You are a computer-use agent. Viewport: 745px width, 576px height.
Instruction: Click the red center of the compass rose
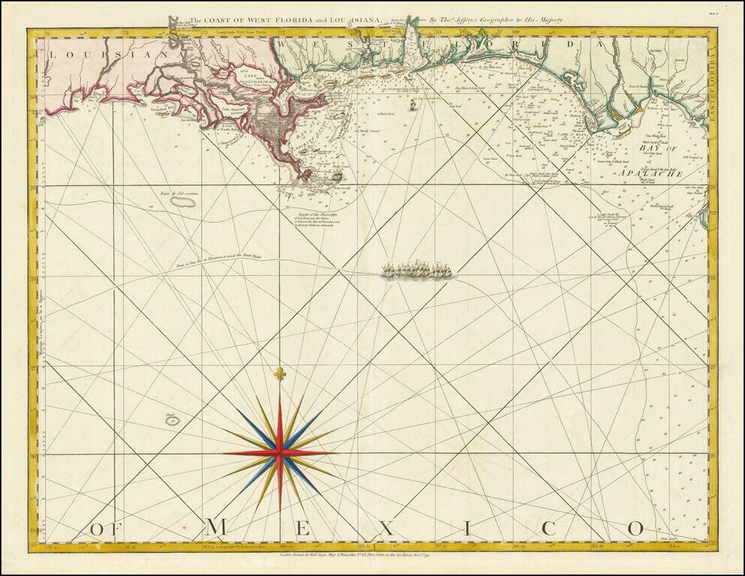[280, 452]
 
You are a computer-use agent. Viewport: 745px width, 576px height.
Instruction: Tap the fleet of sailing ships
[418, 270]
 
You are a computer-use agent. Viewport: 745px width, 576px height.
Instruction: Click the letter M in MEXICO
[216, 528]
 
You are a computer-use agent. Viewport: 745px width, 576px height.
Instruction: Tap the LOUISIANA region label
[109, 53]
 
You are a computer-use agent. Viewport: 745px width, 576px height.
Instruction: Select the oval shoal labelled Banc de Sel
[185, 202]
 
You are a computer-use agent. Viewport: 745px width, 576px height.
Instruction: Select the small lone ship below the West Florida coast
[412, 106]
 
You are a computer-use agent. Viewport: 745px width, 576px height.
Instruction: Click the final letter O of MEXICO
[635, 528]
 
